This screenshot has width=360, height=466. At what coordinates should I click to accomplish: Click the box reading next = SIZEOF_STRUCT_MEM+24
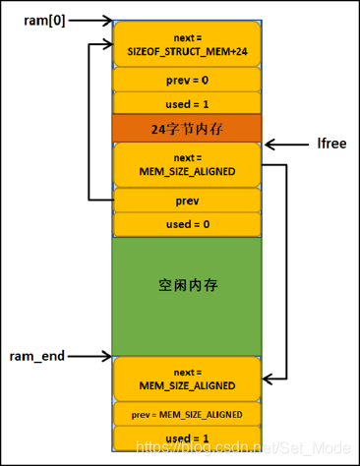coord(187,43)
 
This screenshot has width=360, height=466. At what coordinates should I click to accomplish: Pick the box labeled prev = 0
coord(187,80)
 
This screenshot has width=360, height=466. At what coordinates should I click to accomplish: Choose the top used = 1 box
coord(187,103)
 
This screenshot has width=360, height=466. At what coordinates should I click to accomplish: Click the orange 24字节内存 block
coord(187,127)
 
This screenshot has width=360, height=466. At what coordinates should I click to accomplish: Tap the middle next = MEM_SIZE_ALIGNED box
coord(187,164)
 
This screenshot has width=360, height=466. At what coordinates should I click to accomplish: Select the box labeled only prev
coord(187,200)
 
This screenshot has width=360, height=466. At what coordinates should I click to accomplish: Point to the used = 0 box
coord(187,224)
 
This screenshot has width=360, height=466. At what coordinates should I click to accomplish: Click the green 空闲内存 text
coord(187,286)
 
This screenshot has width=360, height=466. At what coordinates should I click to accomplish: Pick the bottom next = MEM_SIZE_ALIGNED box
coord(187,379)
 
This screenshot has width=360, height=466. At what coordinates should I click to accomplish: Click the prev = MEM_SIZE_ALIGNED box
coord(187,414)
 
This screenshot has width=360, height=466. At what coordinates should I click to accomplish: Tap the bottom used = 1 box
coord(187,437)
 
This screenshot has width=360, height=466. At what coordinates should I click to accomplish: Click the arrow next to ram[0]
coord(90,19)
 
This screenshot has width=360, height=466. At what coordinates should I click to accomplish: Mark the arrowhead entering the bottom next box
coord(269,379)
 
